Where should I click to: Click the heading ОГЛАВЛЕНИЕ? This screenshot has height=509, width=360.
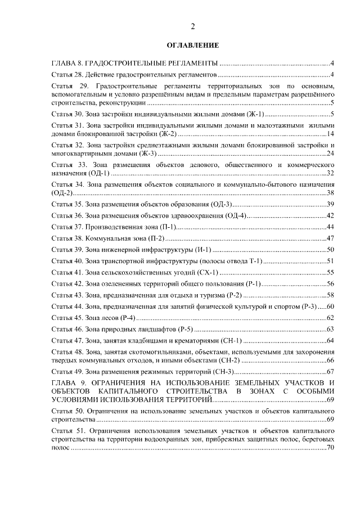193,44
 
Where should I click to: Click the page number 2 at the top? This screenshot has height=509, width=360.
193,26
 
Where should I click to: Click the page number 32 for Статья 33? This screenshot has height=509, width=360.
331,173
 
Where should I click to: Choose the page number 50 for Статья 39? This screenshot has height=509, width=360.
331,249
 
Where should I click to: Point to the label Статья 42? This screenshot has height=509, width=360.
67,283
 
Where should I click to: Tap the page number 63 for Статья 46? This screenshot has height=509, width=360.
331,329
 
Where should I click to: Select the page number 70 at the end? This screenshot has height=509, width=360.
331,448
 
